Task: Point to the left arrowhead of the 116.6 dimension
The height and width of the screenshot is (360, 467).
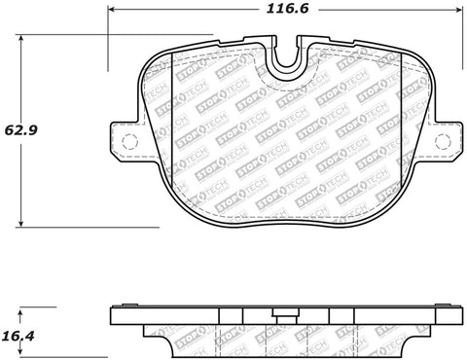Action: (111, 9)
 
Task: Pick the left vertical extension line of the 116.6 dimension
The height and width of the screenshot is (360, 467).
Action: (108, 39)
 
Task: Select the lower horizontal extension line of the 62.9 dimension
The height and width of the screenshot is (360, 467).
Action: (88, 227)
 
